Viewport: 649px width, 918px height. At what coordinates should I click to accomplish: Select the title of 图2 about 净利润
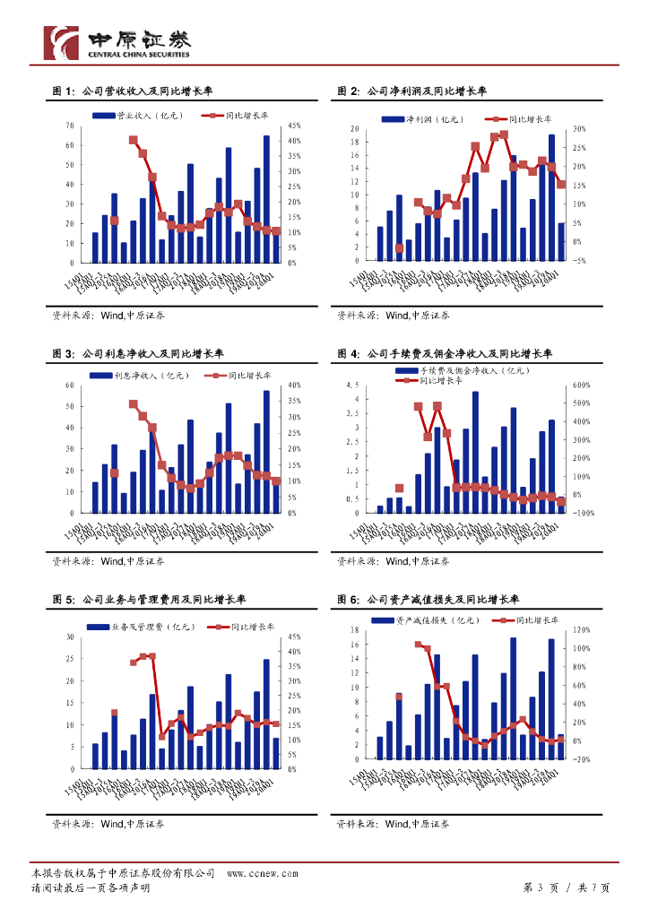[411, 91]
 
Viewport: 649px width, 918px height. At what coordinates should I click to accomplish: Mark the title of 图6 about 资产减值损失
[428, 600]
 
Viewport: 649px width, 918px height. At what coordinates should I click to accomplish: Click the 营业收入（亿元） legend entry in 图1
[148, 116]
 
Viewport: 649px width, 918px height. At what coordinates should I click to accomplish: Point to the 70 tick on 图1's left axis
[70, 126]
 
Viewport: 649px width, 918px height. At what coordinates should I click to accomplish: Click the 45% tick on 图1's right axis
[296, 126]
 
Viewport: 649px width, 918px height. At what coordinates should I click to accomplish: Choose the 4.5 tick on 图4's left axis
[352, 385]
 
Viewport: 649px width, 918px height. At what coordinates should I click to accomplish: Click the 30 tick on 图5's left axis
[70, 637]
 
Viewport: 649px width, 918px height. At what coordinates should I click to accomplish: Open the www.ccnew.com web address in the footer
[262, 873]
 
